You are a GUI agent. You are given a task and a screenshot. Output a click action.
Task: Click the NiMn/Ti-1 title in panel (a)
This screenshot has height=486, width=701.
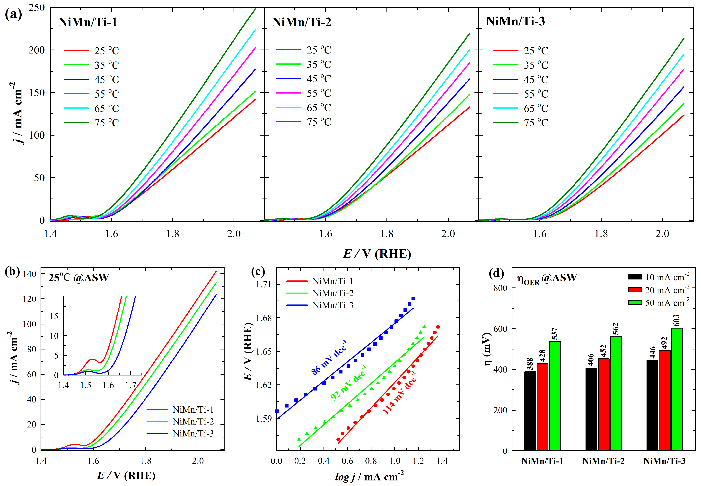pyautogui.click(x=88, y=22)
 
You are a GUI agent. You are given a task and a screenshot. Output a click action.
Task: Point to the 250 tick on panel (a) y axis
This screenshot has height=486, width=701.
pyautogui.click(x=36, y=8)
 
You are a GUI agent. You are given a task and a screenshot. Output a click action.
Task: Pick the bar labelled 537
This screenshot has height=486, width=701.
pyautogui.click(x=554, y=396)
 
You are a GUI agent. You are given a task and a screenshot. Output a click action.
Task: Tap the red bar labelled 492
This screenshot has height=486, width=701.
pyautogui.click(x=665, y=400)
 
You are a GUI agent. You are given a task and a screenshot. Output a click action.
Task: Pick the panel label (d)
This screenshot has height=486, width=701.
pyautogui.click(x=496, y=273)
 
